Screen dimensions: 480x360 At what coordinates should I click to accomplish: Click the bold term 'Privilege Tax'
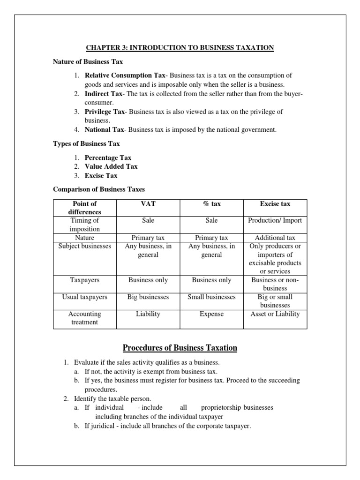click(x=105, y=112)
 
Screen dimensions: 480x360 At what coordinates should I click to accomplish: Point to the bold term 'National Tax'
click(x=104, y=129)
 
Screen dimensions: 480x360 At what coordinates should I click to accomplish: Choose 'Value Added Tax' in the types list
click(x=111, y=166)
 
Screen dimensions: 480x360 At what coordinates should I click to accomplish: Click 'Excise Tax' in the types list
click(x=101, y=176)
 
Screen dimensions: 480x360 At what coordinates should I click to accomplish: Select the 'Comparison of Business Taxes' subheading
click(x=99, y=189)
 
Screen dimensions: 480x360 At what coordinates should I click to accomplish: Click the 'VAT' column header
click(x=148, y=204)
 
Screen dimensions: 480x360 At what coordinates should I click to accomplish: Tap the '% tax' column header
click(x=211, y=204)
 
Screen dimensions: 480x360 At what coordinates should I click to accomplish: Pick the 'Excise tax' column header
click(x=275, y=204)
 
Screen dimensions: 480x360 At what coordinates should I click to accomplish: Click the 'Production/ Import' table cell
click(x=275, y=220)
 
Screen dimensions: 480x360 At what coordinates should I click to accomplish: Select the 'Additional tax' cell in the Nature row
click(x=275, y=238)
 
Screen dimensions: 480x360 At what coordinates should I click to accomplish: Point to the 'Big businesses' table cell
click(x=148, y=297)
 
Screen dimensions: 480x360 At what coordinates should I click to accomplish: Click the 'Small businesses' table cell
click(x=211, y=297)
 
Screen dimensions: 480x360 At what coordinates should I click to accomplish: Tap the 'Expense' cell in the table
click(x=211, y=314)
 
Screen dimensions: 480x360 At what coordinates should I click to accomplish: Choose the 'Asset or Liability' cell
click(x=275, y=314)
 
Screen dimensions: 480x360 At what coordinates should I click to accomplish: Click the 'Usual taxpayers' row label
click(x=85, y=297)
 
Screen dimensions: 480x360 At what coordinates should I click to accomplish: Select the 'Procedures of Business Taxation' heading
click(x=180, y=348)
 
